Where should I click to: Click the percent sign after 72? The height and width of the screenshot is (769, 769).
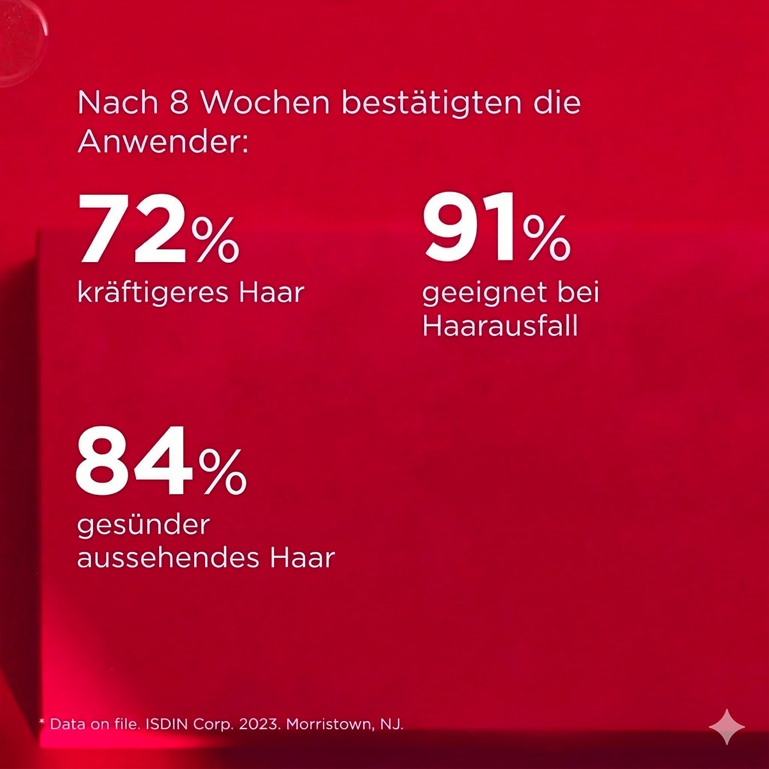[x=215, y=239]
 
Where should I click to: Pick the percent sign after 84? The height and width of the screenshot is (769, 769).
[x=222, y=470]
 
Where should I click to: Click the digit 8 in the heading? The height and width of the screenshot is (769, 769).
[x=179, y=104]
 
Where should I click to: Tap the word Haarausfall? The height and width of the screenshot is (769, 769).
[x=500, y=326]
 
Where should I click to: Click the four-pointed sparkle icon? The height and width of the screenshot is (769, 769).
[x=727, y=727]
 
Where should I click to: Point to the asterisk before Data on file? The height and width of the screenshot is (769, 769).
[x=42, y=723]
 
